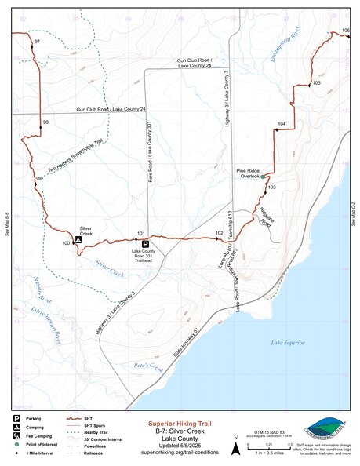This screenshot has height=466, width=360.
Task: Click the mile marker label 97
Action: tap(38, 40)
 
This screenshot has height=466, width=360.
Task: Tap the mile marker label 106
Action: tap(346, 30)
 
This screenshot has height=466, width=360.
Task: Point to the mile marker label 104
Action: tap(282, 124)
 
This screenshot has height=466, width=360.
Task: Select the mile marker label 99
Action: tap(38, 180)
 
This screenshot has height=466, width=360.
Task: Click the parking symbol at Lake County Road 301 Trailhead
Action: tap(145, 244)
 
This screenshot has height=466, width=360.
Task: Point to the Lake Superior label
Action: tap(287, 343)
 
